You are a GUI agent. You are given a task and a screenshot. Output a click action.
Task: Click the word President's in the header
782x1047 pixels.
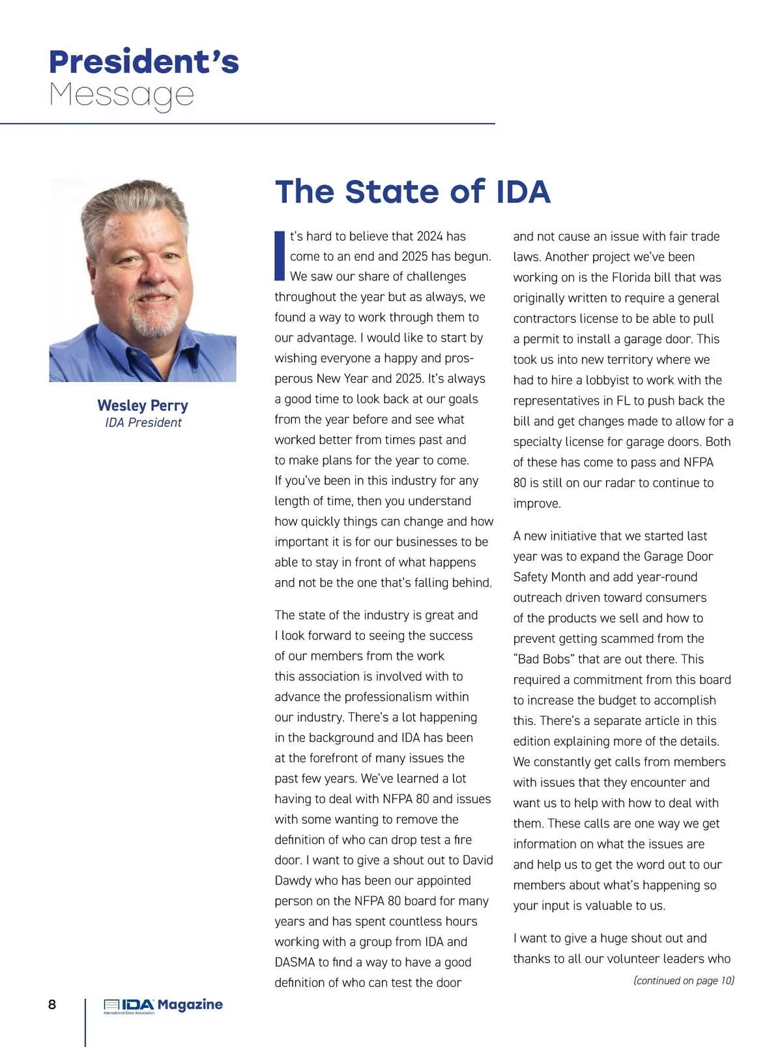click(x=144, y=62)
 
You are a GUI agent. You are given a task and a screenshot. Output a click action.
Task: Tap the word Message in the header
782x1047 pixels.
click(x=122, y=95)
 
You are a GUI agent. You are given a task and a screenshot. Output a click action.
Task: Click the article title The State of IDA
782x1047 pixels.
click(x=413, y=192)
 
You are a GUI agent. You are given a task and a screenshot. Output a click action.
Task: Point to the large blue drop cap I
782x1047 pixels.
click(x=280, y=255)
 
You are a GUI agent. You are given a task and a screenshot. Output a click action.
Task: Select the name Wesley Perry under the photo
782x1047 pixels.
click(x=143, y=406)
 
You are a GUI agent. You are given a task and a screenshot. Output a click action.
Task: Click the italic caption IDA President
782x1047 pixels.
click(x=143, y=422)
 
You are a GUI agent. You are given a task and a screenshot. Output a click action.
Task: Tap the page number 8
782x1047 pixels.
click(x=52, y=1004)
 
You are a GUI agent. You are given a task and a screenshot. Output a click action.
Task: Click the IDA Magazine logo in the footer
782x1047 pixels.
click(x=163, y=1006)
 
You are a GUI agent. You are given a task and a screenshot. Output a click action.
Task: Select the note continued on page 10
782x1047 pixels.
click(x=684, y=981)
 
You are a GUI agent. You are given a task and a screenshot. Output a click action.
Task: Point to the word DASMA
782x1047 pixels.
click(x=297, y=962)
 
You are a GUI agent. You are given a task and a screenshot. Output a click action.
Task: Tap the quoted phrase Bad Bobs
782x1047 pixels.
click(x=545, y=659)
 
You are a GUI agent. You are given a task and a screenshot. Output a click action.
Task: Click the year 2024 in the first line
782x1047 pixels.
click(x=429, y=236)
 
